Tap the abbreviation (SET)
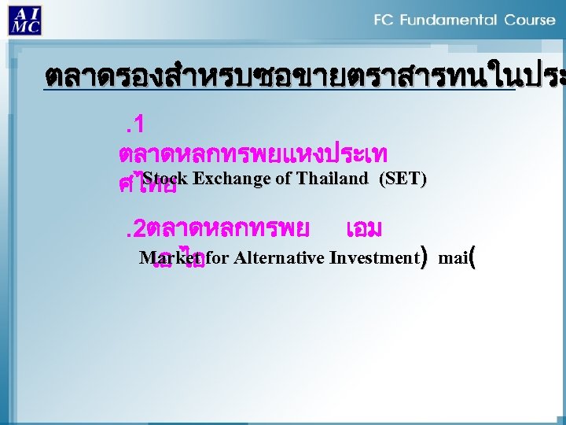pos(402,179)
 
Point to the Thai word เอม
pos(364,229)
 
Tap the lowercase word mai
pos(452,257)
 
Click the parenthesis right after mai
pos(472,257)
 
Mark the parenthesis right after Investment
pos(424,257)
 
